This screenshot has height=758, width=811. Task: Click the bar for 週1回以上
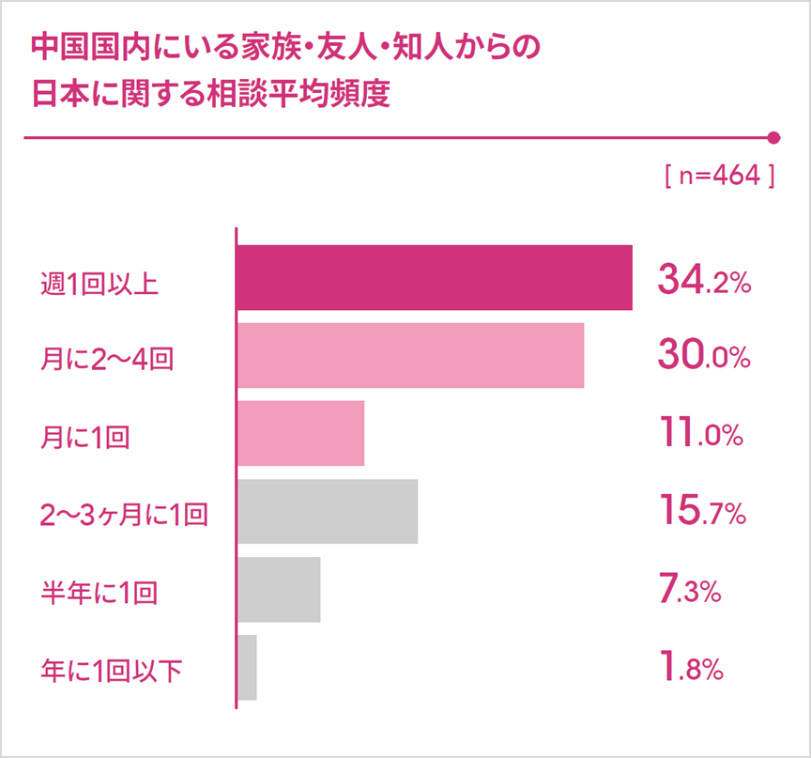coord(434,277)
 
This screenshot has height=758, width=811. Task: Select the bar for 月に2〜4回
coord(410,355)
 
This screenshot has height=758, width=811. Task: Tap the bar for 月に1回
coord(300,433)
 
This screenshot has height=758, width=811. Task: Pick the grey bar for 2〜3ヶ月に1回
coord(327,511)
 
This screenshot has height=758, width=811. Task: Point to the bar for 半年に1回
coord(279,590)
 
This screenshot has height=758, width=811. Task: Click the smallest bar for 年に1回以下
coord(247,668)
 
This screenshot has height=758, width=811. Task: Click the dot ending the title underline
coord(774,138)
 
